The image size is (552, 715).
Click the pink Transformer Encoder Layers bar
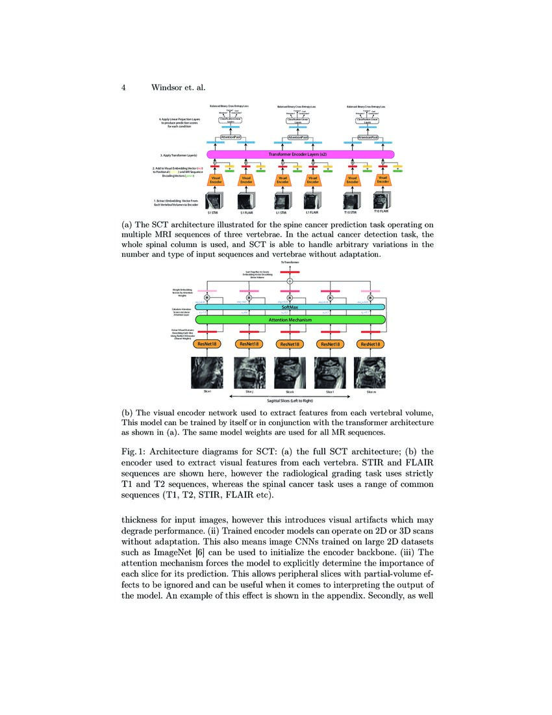click(301, 154)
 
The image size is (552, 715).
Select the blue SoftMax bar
click(290, 307)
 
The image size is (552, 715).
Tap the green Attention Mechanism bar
click(290, 320)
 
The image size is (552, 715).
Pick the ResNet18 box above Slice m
click(369, 344)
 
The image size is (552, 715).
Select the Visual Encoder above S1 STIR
click(216, 179)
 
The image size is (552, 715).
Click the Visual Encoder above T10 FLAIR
click(383, 179)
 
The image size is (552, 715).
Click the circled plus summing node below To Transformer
click(290, 281)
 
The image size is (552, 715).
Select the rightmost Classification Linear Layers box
click(368, 121)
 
